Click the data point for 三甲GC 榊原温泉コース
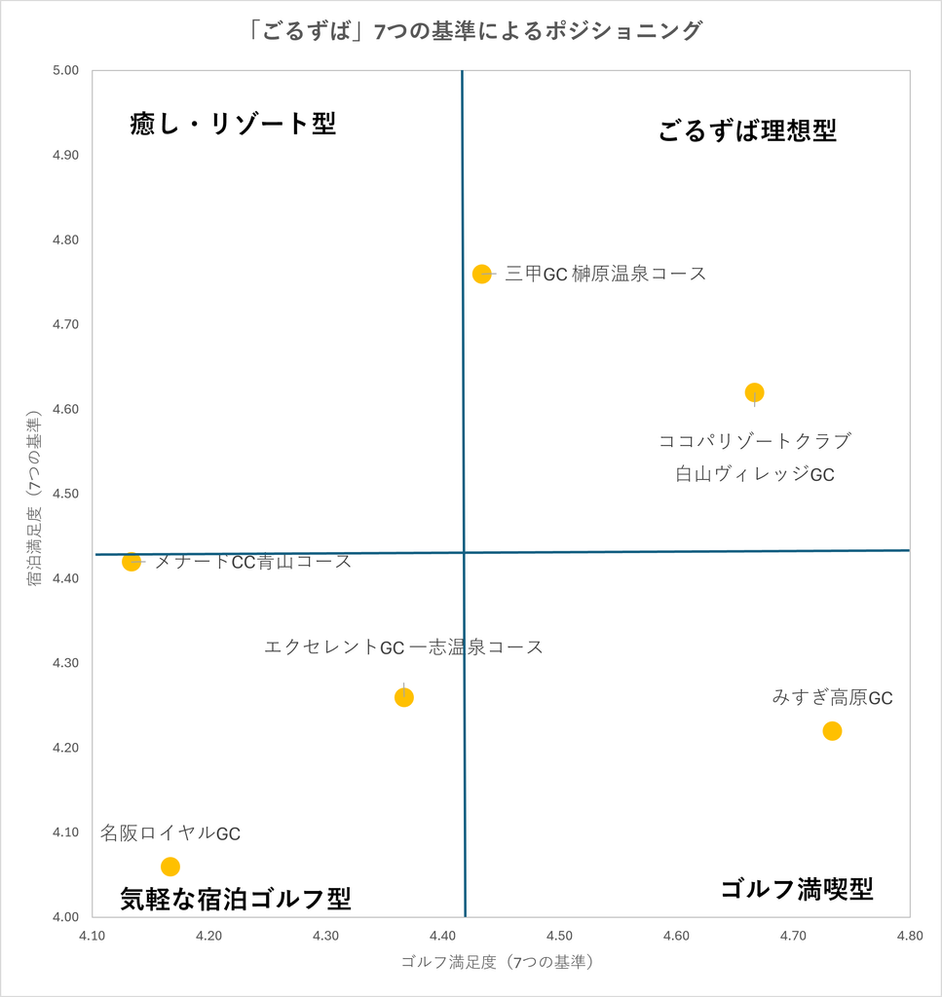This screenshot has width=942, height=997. tap(482, 274)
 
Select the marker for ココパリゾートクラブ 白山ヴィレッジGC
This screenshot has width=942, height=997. tap(754, 392)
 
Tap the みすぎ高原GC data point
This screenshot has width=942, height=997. tap(832, 731)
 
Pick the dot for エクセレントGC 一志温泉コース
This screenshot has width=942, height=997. tap(404, 697)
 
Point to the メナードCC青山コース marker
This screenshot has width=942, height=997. tap(132, 562)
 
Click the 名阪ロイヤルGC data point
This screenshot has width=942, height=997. tap(170, 867)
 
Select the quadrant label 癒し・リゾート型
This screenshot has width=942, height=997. tap(233, 124)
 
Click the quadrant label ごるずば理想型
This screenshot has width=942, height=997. tap(747, 131)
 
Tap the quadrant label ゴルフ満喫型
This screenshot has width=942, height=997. tap(797, 888)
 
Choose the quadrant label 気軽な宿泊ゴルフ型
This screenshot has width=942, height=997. tap(236, 899)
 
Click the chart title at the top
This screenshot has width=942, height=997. tap(473, 30)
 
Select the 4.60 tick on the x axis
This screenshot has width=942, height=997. tap(676, 936)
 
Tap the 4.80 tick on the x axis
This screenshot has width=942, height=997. tap(910, 936)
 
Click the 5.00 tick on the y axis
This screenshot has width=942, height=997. tap(66, 70)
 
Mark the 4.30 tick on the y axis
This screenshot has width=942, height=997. tap(66, 663)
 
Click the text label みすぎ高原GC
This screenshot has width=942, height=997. tap(833, 697)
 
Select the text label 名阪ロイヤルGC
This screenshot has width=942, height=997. tap(170, 833)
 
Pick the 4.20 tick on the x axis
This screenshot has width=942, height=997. tap(208, 936)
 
